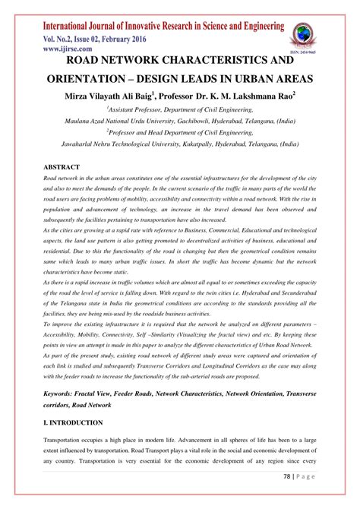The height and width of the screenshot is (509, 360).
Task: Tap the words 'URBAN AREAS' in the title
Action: pos(284,78)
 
